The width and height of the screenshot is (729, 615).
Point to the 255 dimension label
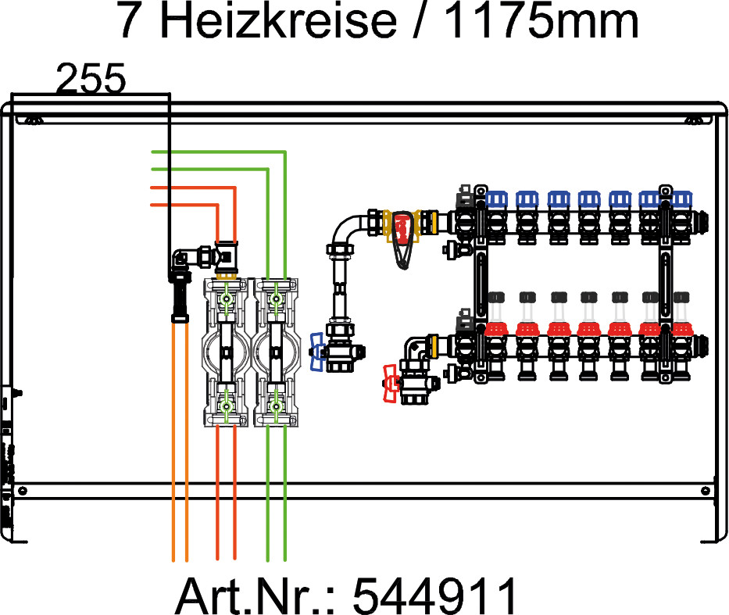click(91, 79)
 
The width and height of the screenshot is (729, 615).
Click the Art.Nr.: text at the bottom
click(257, 596)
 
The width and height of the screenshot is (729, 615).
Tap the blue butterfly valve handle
click(316, 351)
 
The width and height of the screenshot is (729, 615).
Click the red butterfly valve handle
click(391, 382)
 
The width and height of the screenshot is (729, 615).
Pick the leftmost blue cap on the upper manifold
click(496, 199)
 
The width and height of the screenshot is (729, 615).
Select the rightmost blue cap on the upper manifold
click(681, 199)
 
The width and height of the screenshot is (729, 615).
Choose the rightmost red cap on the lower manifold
click(681, 329)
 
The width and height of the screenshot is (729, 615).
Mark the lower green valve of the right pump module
click(275, 406)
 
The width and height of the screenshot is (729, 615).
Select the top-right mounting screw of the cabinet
click(694, 120)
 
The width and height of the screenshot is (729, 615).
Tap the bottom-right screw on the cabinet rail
click(706, 490)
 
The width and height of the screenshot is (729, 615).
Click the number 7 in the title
click(132, 21)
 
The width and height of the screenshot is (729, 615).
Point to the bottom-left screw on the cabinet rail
click(22, 490)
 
